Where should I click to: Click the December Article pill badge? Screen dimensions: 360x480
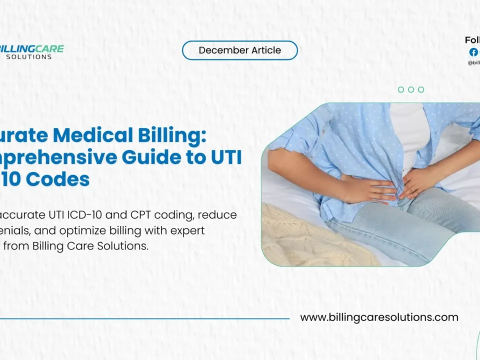[x=239, y=50]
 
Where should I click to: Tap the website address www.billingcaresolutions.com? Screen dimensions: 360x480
[x=379, y=317]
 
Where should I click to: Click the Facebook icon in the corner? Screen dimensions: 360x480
[x=473, y=52]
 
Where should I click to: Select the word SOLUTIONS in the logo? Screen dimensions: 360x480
[x=29, y=57]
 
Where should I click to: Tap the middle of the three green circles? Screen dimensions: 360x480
[x=411, y=89]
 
